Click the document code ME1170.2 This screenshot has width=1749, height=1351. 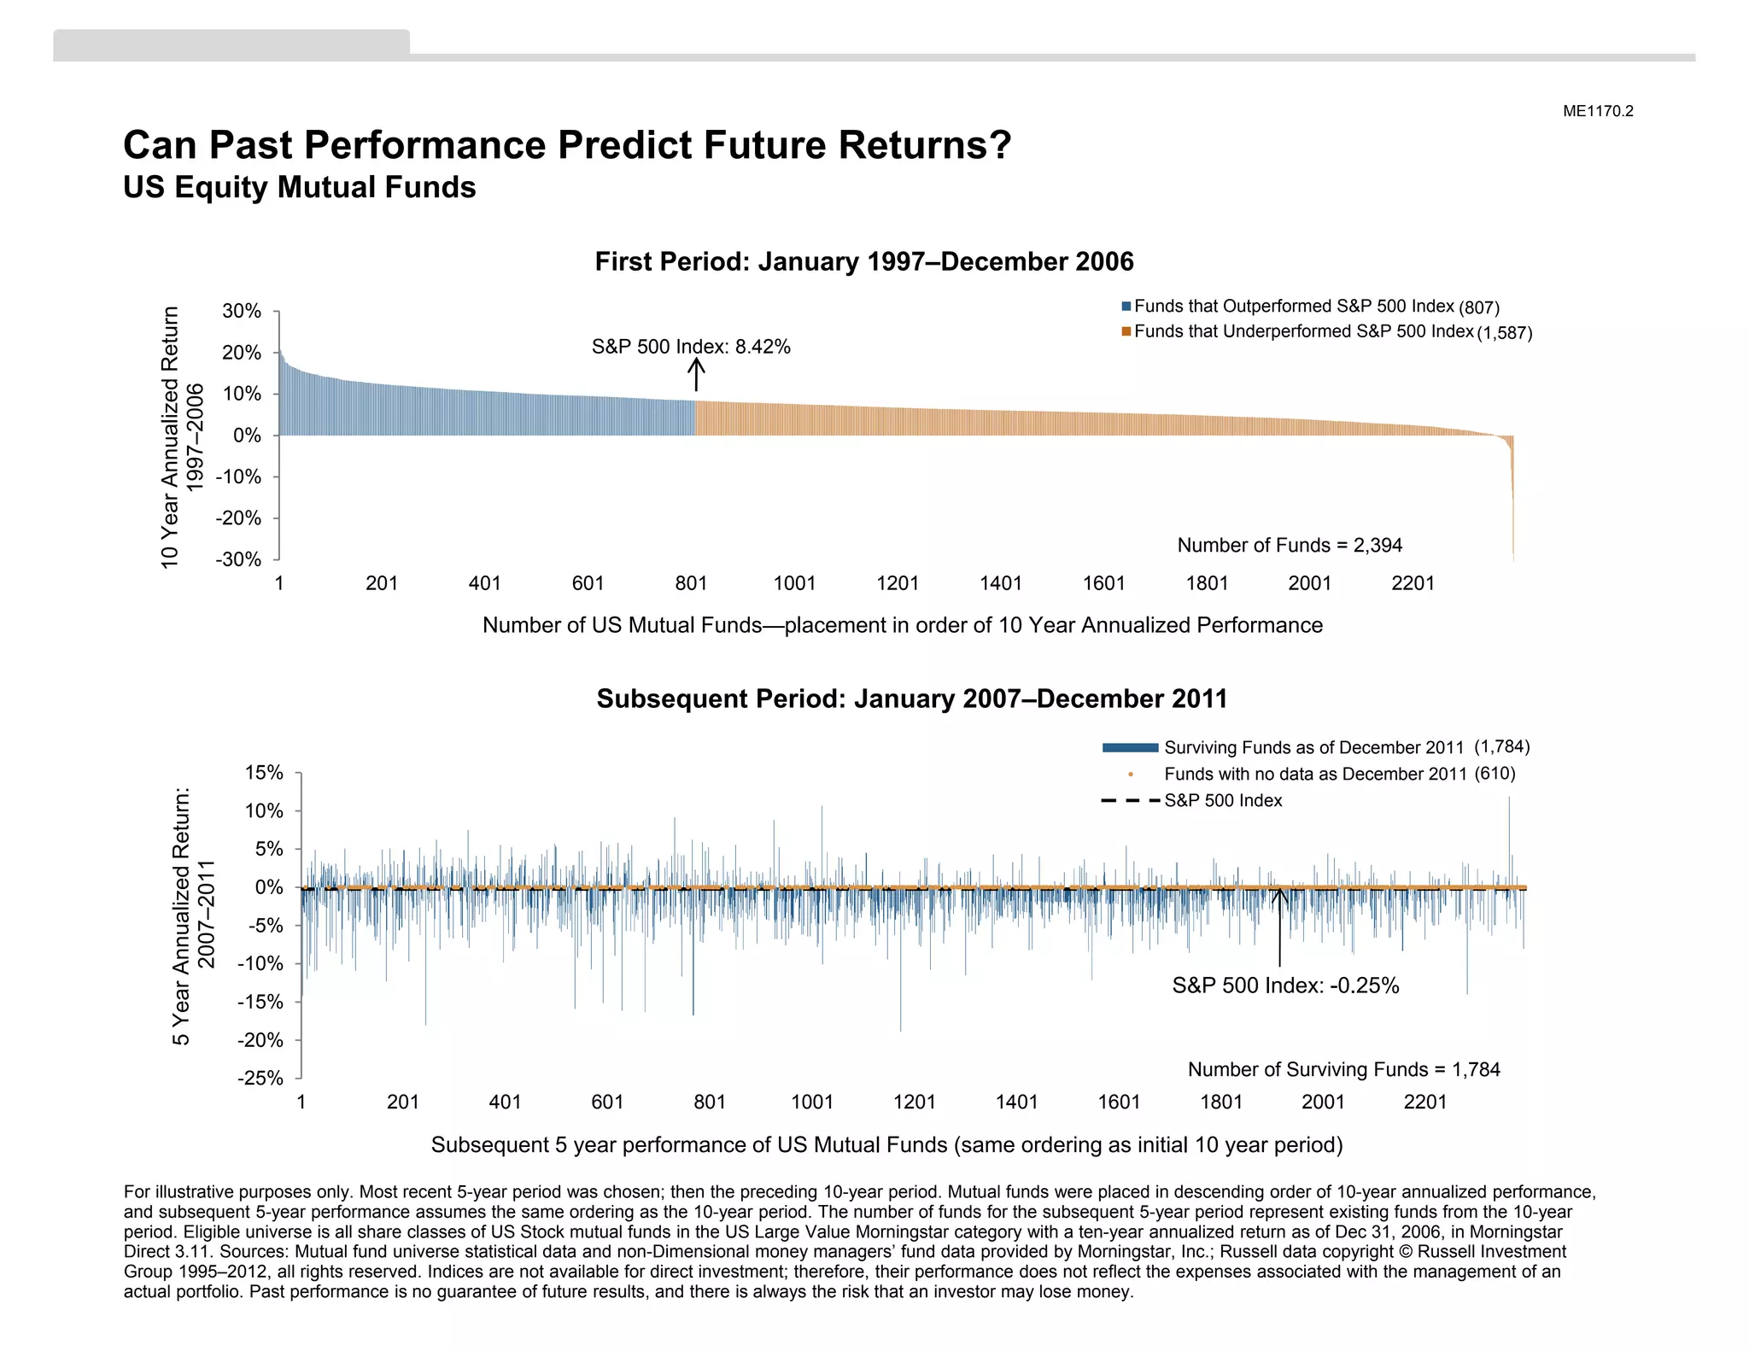tap(1597, 111)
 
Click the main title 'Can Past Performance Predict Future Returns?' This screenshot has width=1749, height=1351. tap(567, 145)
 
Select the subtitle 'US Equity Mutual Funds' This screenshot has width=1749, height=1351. tap(299, 188)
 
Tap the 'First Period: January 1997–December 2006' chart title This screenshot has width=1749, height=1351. tap(863, 261)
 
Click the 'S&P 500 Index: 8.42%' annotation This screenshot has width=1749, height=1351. tap(691, 347)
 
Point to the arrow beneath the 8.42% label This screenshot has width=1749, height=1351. tap(696, 374)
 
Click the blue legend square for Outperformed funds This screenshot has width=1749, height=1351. tap(1126, 307)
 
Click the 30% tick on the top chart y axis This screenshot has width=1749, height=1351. tap(242, 312)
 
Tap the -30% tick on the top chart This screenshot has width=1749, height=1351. tap(238, 559)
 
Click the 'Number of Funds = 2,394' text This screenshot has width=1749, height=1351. tap(1290, 545)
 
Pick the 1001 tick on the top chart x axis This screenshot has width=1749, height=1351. tap(794, 583)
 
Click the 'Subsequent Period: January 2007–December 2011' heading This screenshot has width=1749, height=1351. tap(911, 699)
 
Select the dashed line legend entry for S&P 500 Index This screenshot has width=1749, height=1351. tap(1130, 801)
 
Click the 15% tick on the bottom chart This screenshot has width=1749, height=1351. tap(264, 773)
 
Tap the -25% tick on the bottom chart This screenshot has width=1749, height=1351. tap(260, 1078)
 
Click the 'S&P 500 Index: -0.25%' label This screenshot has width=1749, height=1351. tap(1285, 985)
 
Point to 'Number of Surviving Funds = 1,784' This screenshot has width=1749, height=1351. tap(1343, 1069)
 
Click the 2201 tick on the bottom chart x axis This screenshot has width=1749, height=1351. tap(1424, 1102)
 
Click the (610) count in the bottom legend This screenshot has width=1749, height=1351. tap(1495, 774)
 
